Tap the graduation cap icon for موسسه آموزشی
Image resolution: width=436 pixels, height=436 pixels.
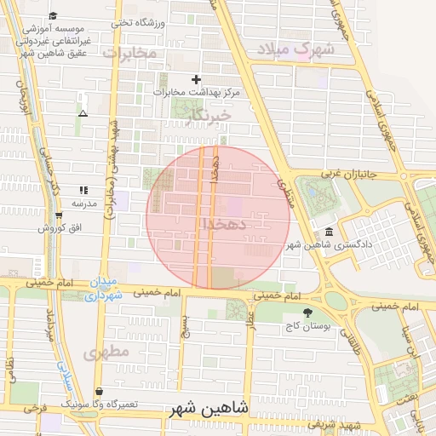[x=54, y=16]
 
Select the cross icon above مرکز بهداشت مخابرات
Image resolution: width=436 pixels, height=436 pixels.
[x=197, y=79]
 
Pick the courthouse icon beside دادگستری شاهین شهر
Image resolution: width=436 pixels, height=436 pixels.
[x=330, y=232]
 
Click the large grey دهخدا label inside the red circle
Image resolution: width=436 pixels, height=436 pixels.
[x=225, y=223]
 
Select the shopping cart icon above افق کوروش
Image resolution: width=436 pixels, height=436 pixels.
[x=59, y=215]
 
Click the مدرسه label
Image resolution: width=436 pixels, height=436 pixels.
[x=83, y=204]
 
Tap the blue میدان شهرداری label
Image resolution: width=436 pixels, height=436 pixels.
[x=104, y=288]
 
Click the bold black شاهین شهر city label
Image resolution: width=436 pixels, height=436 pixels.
[x=207, y=408]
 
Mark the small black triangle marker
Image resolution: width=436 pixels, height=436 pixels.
[x=83, y=112]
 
